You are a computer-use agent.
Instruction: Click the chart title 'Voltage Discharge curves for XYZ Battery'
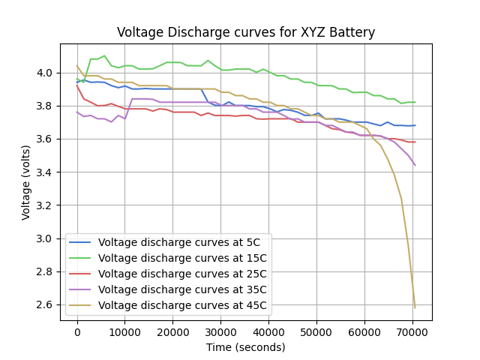246,32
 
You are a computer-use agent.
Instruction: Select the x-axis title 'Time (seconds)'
246,347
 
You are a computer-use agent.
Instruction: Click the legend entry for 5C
179,243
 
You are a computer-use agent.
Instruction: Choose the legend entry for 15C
182,259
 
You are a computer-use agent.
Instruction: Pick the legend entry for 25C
182,274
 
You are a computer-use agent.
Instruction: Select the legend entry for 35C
182,290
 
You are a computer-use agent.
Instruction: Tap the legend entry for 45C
182,306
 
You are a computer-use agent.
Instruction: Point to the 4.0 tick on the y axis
46,73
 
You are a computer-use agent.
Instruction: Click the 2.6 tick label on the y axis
46,304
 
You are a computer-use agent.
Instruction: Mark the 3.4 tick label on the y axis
46,172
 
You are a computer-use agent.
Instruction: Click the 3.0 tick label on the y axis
46,238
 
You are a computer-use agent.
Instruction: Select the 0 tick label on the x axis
77,332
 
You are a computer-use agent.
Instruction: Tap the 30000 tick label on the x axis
221,332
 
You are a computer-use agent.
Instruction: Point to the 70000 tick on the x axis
412,332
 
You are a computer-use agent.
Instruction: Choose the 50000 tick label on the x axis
317,332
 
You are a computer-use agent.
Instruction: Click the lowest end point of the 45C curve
415,307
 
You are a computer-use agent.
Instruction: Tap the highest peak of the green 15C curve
105,55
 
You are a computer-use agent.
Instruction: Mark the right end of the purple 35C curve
415,165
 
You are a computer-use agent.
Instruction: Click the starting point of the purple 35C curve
77,112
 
